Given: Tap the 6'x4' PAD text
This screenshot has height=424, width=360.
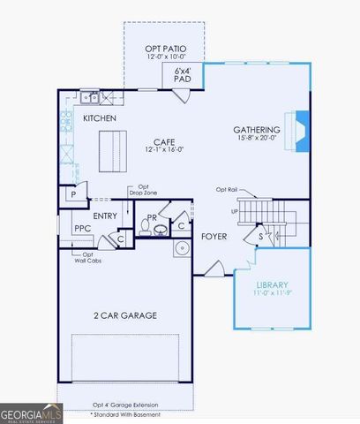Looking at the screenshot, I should coord(183,75).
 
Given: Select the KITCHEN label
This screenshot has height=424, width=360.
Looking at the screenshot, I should coord(101,117).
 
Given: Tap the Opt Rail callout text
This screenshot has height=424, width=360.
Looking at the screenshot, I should coord(227,190).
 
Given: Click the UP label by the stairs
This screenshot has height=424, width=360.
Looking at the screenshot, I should coord(234,212).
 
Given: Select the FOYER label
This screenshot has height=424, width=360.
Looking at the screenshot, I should coord(214,236).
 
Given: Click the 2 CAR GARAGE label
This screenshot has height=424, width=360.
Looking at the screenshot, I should coord(125,314).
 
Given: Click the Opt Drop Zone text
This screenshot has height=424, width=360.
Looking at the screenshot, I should coord(142,190).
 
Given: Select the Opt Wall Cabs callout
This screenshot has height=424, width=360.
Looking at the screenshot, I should coord(82,260).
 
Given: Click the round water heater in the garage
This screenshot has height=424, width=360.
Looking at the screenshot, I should coord(182,247).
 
